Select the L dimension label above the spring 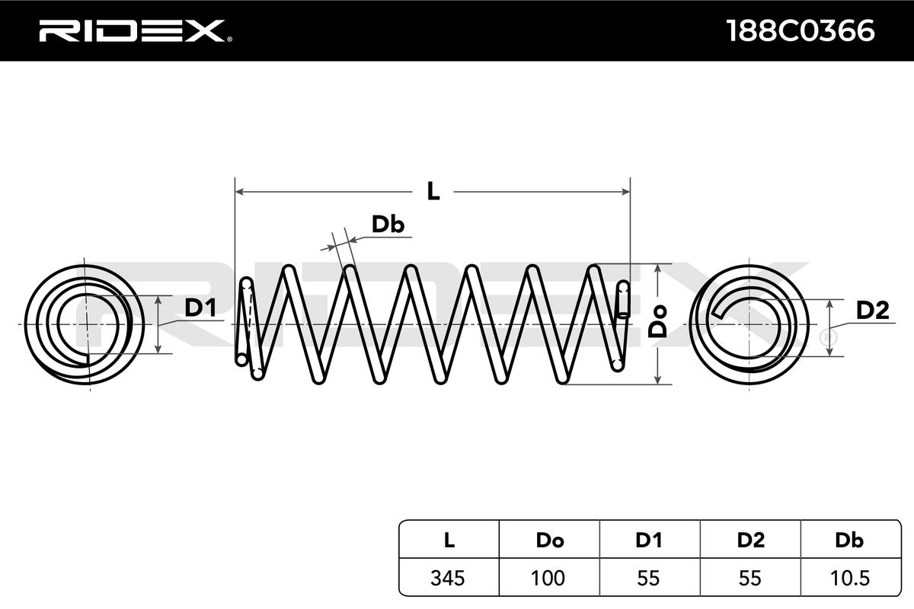pos(433,190)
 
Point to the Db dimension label pos(387,225)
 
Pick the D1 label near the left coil pos(200,308)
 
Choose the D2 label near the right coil pos(872,311)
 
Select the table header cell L pos(449,540)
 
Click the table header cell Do pos(549,540)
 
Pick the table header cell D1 pos(648,540)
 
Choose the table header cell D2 pos(750,540)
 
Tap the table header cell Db pos(849,540)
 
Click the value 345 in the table pos(449,578)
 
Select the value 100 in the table pos(549,578)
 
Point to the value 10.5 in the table pos(849,578)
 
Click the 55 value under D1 pos(648,578)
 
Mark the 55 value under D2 pos(750,578)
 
